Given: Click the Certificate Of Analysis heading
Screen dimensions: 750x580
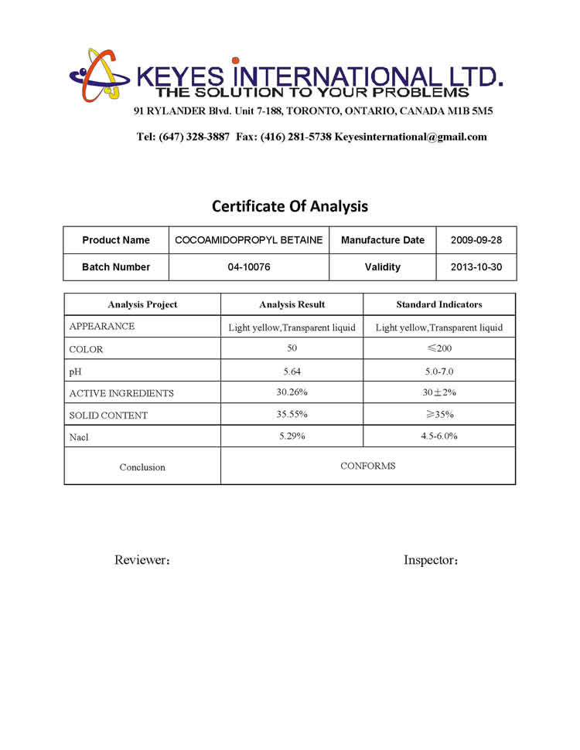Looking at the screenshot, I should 290,206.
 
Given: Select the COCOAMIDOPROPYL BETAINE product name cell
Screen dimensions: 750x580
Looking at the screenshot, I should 249,240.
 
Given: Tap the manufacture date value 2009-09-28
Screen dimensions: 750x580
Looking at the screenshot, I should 476,240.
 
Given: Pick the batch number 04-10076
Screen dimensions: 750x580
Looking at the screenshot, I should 249,267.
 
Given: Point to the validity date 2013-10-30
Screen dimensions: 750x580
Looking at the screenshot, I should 476,267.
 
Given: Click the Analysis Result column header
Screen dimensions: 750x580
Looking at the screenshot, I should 292,304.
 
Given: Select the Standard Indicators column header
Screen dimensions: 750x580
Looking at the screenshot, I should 439,304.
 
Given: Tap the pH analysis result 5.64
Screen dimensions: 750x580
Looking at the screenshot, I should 292,371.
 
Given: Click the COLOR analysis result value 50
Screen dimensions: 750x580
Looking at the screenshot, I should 292,348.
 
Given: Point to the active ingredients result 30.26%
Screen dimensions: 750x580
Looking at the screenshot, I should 292,392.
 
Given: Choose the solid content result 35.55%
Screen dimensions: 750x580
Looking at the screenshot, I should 292,414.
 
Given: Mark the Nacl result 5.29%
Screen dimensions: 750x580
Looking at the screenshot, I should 292,436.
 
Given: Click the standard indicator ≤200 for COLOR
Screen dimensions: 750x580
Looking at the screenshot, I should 439,348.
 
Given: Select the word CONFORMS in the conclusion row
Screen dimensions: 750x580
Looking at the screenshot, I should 368,466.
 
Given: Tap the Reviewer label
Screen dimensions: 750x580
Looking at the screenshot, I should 142,560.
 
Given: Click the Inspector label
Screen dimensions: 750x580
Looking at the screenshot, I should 431,560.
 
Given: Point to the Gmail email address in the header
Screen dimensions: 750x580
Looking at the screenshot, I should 411,137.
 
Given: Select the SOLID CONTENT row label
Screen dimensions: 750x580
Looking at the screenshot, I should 108,416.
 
